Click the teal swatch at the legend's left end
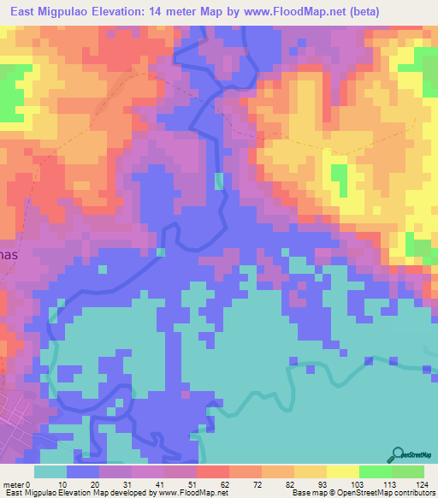(50, 471)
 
